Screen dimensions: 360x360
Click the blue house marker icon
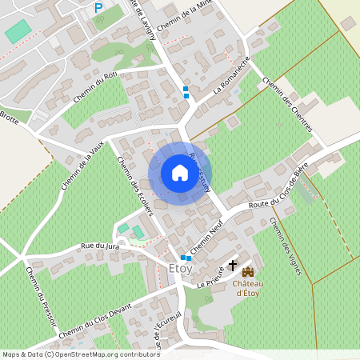[x=179, y=173]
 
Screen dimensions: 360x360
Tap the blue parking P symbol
[x=98, y=8]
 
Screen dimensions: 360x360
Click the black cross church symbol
[x=233, y=264]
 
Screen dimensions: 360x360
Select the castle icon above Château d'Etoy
[x=247, y=271]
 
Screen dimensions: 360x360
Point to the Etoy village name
[x=182, y=270]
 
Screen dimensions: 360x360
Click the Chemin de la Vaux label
[x=82, y=164]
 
